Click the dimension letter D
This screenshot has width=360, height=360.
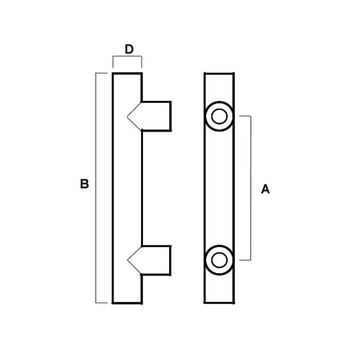pos(129,49)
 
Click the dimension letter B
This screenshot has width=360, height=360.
pos(84,184)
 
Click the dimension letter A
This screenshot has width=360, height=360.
pos(265,189)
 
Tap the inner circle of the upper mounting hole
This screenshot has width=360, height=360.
pos(219,116)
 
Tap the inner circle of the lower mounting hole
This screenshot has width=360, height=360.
pos(219,260)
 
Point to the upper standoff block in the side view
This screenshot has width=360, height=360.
pos(156,116)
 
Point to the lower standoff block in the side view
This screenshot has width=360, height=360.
pos(156,260)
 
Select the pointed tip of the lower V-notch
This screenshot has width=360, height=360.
pos(128,260)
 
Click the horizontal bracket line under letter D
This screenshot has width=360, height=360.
pos(127,56)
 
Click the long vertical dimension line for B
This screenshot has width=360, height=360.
pos(96,188)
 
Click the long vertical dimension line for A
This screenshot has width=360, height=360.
pos(250,188)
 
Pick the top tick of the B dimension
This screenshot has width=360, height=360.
pos(101,73)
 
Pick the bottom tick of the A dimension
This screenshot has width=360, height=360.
pos(245,260)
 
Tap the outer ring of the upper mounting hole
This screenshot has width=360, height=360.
pos(219,116)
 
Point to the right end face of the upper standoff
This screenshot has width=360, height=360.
pos(171,116)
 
